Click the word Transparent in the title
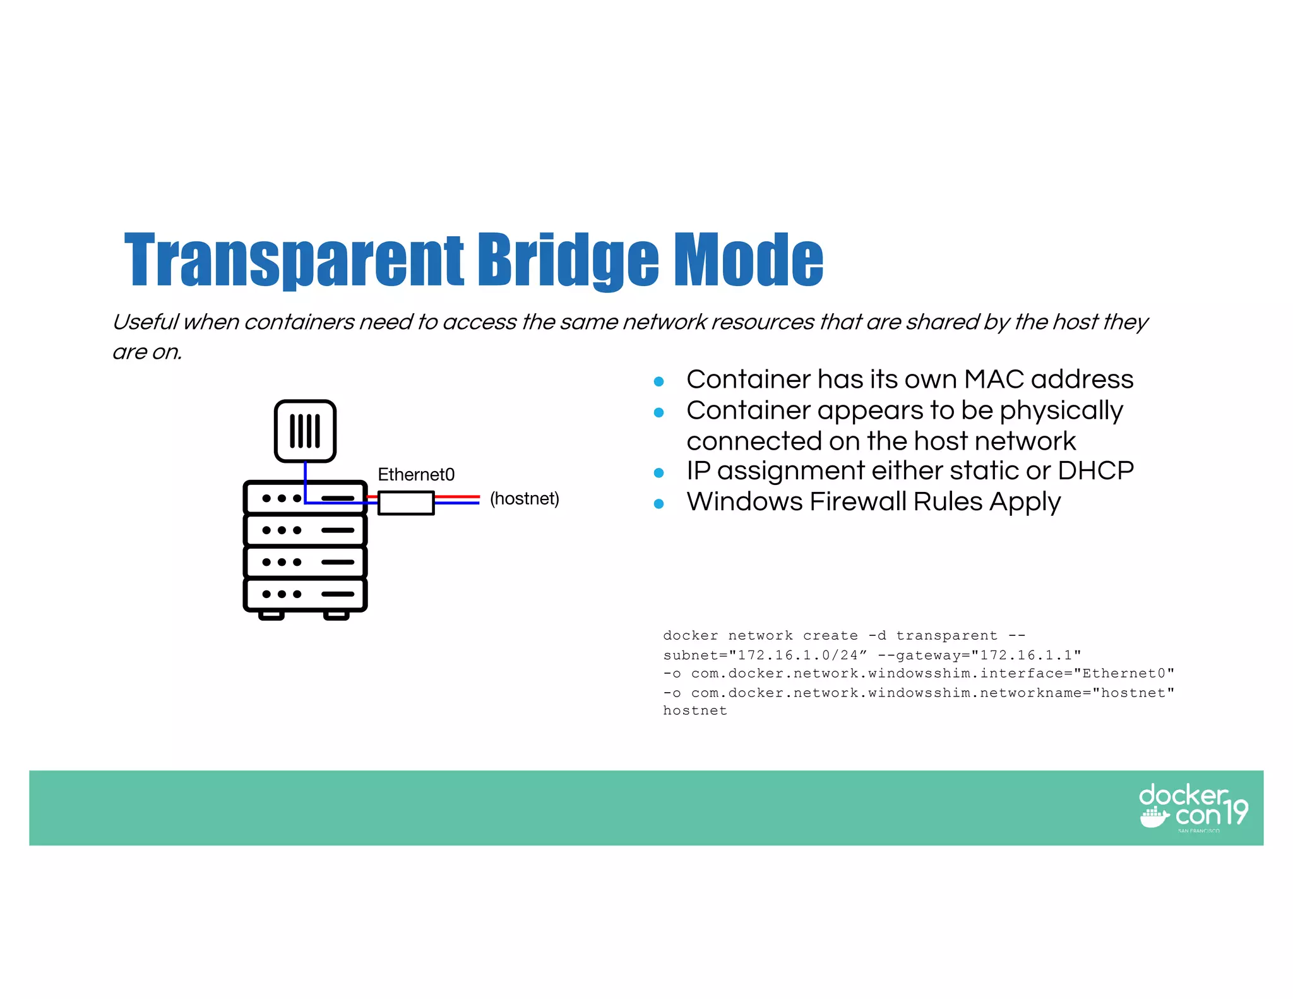(294, 260)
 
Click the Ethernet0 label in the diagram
(416, 474)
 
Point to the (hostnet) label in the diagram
(525, 499)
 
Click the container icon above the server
(305, 431)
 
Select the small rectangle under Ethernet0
(406, 503)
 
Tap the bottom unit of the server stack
(305, 594)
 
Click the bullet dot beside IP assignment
(659, 473)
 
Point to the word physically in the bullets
(1061, 411)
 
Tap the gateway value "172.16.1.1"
(1026, 655)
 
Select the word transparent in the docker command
(946, 636)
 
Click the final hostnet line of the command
(695, 711)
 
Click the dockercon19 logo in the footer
(1193, 807)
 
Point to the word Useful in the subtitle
(146, 322)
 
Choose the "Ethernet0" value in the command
(1123, 674)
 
